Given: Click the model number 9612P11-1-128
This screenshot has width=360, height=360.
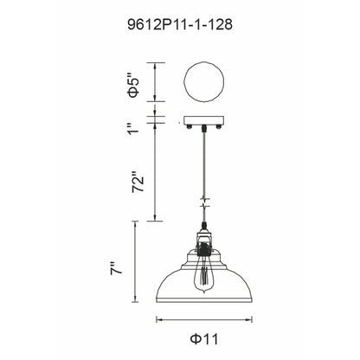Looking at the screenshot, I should pyautogui.click(x=179, y=26).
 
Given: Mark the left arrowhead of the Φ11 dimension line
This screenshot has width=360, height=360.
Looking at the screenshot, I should pyautogui.click(x=158, y=320).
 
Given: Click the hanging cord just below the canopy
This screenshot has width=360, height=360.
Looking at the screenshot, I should pyautogui.click(x=204, y=143).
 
